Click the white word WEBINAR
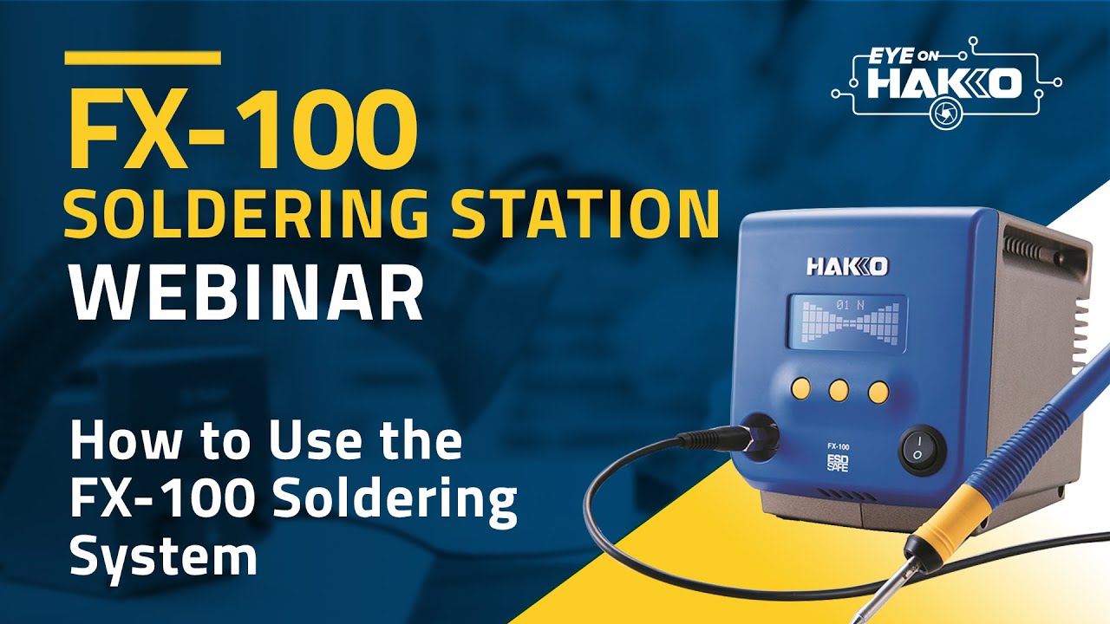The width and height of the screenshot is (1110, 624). click(246, 295)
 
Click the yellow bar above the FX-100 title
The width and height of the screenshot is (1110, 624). click(143, 57)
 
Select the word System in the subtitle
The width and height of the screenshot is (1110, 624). click(163, 556)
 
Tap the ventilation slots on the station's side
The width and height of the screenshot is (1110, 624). click(1078, 330)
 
